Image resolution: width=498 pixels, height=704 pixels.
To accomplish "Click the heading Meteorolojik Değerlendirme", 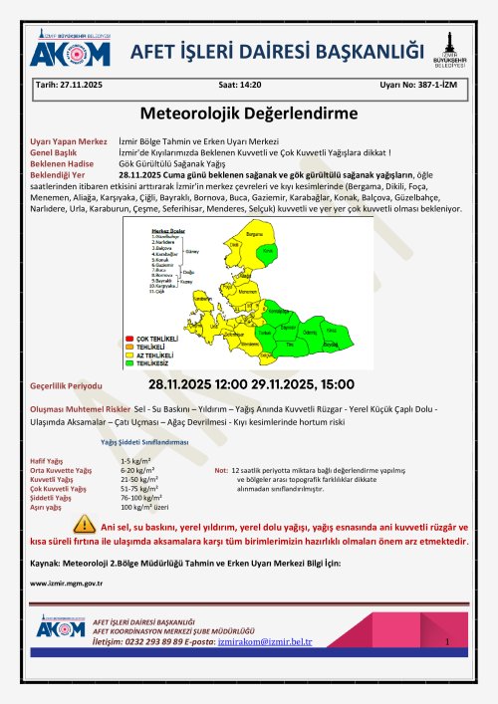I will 248,115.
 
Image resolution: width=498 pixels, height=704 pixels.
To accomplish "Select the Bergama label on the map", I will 256,236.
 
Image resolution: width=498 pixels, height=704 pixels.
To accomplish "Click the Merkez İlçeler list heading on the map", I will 166,228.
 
